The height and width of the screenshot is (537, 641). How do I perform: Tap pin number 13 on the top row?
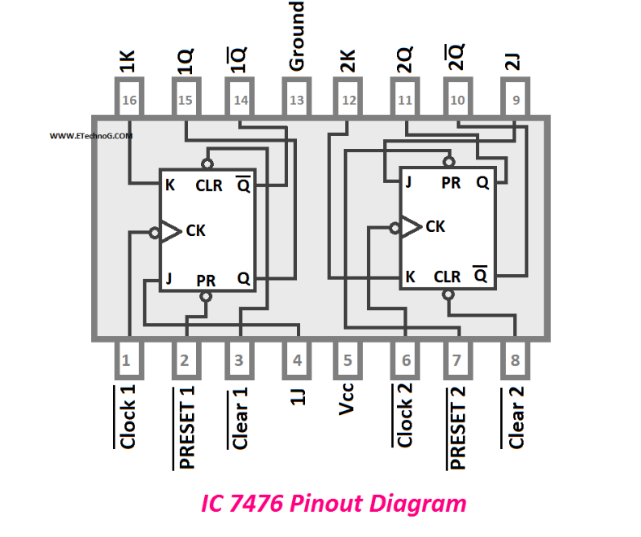click(x=297, y=100)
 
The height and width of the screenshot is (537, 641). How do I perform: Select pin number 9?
click(x=514, y=100)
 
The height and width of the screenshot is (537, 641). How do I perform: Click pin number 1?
click(x=126, y=360)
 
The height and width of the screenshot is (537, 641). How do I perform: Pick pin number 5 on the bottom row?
click(x=348, y=360)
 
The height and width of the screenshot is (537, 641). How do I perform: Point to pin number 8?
click(x=514, y=360)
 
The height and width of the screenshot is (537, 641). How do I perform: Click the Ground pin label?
click(x=297, y=37)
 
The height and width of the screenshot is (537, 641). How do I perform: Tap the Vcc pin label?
click(x=348, y=399)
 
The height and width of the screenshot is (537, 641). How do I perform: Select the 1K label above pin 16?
click(x=128, y=62)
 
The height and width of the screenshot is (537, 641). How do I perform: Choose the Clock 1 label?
click(x=127, y=417)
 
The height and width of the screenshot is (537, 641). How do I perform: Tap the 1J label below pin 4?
click(x=298, y=399)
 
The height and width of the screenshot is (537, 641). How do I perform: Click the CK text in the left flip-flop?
click(x=195, y=230)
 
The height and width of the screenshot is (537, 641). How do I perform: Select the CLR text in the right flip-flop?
click(x=447, y=277)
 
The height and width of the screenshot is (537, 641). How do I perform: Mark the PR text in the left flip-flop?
click(x=206, y=280)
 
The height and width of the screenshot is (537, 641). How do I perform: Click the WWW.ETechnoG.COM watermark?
click(x=91, y=137)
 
